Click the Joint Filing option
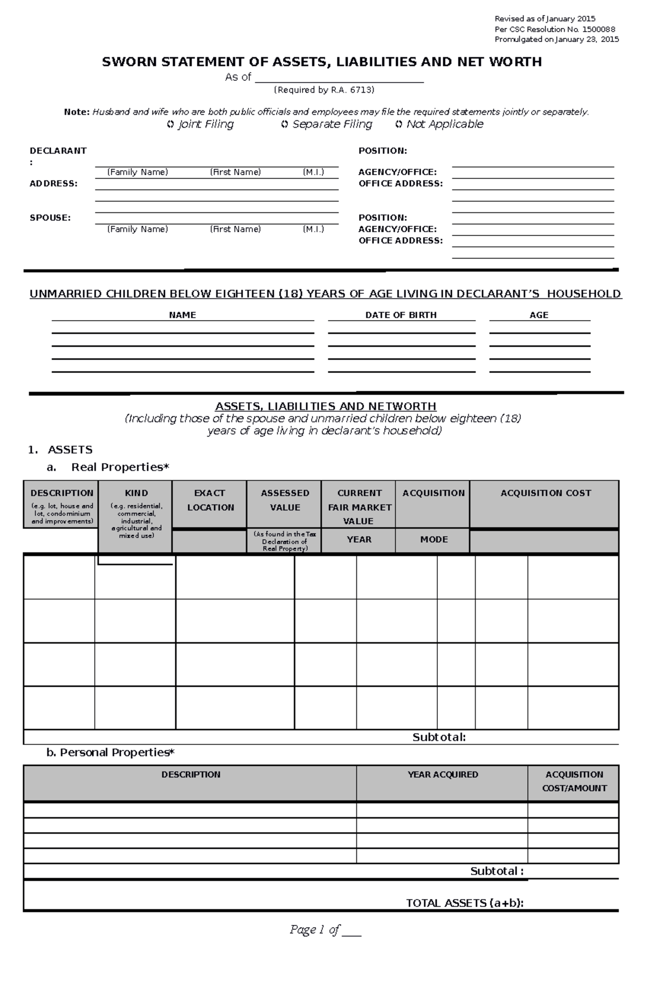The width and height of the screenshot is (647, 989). pyautogui.click(x=201, y=125)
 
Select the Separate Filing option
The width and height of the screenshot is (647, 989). pyautogui.click(x=327, y=125)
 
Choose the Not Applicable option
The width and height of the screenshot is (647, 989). pyautogui.click(x=439, y=125)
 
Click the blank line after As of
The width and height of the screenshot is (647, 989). pyautogui.click(x=339, y=78)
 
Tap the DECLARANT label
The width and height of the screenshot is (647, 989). pyautogui.click(x=58, y=151)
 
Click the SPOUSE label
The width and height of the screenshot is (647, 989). pyautogui.click(x=50, y=218)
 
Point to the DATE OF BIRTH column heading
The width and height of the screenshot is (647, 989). pyautogui.click(x=401, y=315)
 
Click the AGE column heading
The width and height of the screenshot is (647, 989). pyautogui.click(x=539, y=315)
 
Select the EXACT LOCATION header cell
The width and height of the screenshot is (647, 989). pyautogui.click(x=210, y=500)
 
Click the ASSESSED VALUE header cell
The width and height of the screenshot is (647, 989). pyautogui.click(x=285, y=500)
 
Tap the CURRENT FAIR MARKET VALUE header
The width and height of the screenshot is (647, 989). pyautogui.click(x=359, y=507)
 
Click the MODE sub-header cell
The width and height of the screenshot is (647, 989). pyautogui.click(x=434, y=540)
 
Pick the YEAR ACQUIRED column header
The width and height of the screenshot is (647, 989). pyautogui.click(x=443, y=774)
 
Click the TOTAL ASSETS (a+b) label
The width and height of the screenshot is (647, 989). pyautogui.click(x=465, y=903)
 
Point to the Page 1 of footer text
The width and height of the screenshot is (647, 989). pyautogui.click(x=325, y=930)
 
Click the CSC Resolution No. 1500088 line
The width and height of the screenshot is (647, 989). pyautogui.click(x=555, y=30)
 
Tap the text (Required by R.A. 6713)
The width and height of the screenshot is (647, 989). pyautogui.click(x=323, y=90)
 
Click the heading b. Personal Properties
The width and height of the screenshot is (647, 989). pyautogui.click(x=111, y=752)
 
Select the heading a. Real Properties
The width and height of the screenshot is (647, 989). pyautogui.click(x=108, y=467)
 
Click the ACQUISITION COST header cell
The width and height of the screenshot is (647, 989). pyautogui.click(x=546, y=493)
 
